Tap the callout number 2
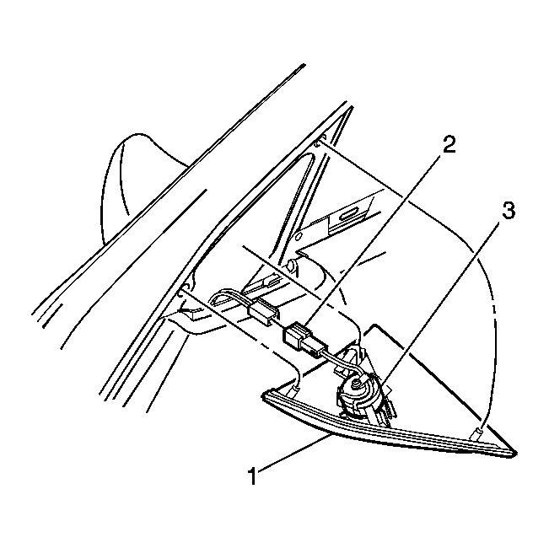point(449,144)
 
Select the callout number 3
point(509,211)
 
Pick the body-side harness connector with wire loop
point(262,310)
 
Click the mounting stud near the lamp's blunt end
point(296,387)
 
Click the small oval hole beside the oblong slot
point(299,237)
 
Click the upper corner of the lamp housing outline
point(375,325)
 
